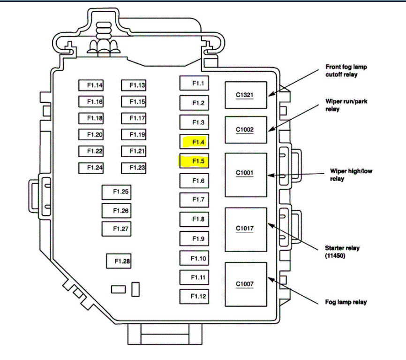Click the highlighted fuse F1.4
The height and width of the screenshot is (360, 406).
(x=195, y=141)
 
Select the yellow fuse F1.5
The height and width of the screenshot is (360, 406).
(x=194, y=161)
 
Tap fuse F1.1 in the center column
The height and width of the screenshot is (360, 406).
(x=194, y=83)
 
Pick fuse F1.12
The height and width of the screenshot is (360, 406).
(x=194, y=296)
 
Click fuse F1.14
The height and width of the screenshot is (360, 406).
(x=91, y=85)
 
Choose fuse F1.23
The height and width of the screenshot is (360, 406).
(x=134, y=168)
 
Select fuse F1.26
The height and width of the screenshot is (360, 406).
(x=116, y=211)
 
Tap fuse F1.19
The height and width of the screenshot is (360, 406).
(x=134, y=135)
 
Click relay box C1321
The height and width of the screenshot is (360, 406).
(x=246, y=95)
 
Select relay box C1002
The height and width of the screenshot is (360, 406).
(x=246, y=130)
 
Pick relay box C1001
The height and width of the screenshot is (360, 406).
(x=246, y=174)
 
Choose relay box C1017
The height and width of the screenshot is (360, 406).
(x=246, y=229)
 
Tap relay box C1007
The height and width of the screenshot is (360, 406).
(x=246, y=284)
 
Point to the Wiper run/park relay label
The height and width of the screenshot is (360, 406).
(x=343, y=105)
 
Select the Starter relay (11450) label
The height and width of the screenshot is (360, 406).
(x=342, y=252)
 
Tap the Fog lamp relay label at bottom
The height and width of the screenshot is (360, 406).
(x=346, y=302)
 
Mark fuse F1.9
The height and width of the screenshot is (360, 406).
(x=194, y=238)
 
